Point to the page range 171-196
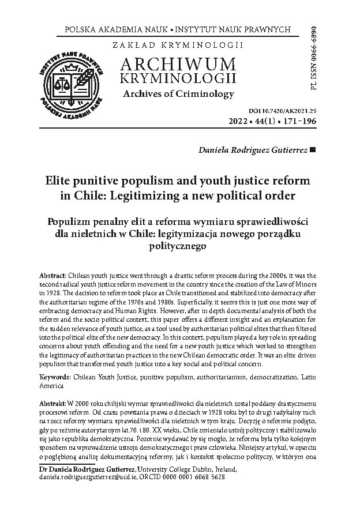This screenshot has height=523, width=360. pos(299,122)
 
